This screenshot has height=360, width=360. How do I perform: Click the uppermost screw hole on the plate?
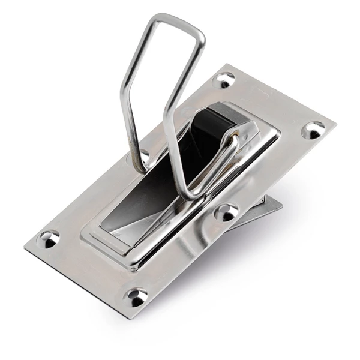(x=226, y=79)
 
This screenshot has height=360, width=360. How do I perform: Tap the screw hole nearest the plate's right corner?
(x=313, y=130)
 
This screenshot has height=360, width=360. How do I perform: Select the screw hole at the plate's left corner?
(x=49, y=239)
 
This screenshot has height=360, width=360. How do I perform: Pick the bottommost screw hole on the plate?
(x=137, y=296)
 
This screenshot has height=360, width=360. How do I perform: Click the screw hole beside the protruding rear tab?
(x=227, y=211)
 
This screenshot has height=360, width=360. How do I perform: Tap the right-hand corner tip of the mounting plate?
(x=334, y=127)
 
